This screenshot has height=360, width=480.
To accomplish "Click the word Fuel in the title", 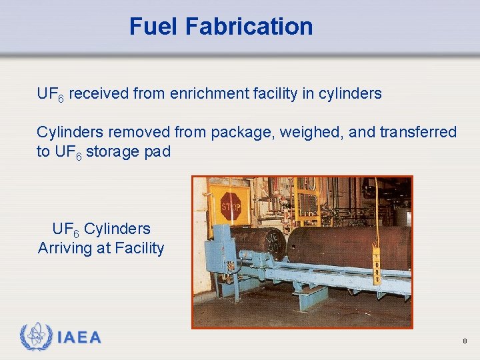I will pos(155,27).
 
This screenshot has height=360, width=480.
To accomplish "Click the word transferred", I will pos(418,132).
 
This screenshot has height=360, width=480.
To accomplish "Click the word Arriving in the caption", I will pos(67,248).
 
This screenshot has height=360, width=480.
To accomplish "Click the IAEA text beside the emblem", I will pos(79,337).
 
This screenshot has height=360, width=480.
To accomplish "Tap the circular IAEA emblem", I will pos(35,337).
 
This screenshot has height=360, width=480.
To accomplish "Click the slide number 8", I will pos(464,341).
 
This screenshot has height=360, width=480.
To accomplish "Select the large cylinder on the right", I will pos(347,245).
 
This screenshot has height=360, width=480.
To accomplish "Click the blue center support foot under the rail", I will pos(311,297).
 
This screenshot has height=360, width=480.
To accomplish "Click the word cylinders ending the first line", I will pos(350,94).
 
